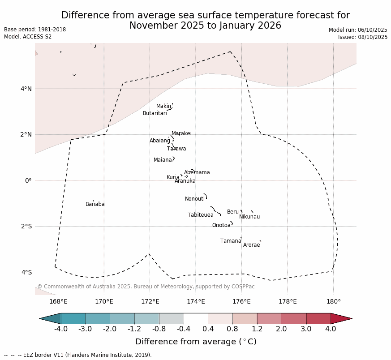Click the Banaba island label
pos(95,205)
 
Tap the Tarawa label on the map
pos(176,149)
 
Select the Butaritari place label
pos(155,114)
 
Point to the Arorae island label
pos(251,245)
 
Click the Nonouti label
pos(195,199)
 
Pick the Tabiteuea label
pos(201,215)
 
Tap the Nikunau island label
pos(249,217)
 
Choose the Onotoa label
pos(221,226)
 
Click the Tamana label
pos(231,241)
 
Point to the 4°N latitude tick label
pos(26,89)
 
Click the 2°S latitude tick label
pos(26,227)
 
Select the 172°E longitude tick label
pos(150,301)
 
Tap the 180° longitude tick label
pos(333,301)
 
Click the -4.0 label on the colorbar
pos(61,329)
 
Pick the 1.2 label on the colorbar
pos(257,329)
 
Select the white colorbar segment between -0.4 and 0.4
pos(196,318)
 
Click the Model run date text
pos(358,30)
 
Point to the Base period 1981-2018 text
pos(35,30)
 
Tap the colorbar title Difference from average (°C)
pos(196,342)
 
